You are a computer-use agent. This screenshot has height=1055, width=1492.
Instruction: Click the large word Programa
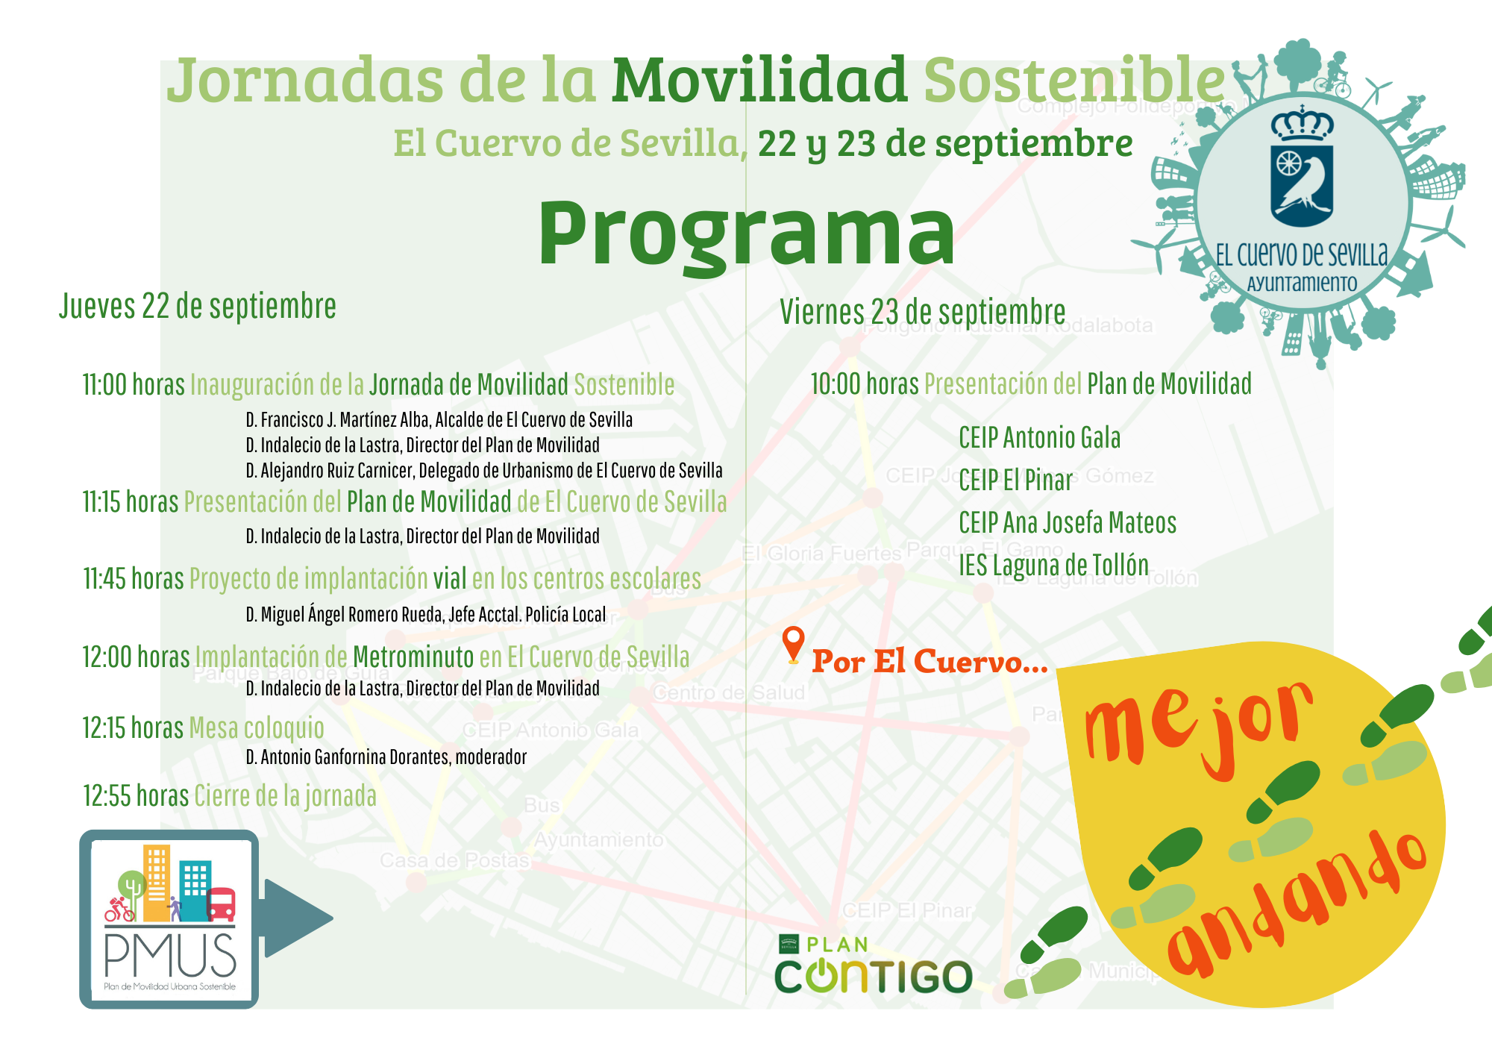[x=746, y=233]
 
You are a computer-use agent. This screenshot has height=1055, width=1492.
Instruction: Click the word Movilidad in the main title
[x=759, y=80]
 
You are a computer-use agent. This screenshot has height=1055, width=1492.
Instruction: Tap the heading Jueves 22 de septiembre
[x=198, y=307]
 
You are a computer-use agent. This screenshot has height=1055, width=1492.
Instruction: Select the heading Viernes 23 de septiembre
[x=923, y=312]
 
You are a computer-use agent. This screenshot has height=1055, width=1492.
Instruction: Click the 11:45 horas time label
[x=133, y=579]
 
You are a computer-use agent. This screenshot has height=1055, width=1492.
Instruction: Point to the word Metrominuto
[x=413, y=657]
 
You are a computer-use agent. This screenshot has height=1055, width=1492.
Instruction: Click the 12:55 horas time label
[x=135, y=796]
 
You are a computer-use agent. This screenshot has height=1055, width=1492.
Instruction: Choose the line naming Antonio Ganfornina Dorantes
[x=386, y=757]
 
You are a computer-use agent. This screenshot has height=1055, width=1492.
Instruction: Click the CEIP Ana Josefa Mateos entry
[x=1068, y=523]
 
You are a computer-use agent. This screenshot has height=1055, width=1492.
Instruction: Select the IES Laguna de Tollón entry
[x=1053, y=566]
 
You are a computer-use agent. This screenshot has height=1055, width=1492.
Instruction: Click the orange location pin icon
[x=793, y=642]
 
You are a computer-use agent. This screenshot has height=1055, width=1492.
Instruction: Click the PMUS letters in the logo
[x=170, y=957]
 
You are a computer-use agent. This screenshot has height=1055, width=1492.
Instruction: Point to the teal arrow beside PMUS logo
[x=295, y=918]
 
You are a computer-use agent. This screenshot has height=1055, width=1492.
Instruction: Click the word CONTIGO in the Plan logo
[x=874, y=977]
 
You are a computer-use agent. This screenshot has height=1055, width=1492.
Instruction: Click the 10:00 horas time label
[x=864, y=384]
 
